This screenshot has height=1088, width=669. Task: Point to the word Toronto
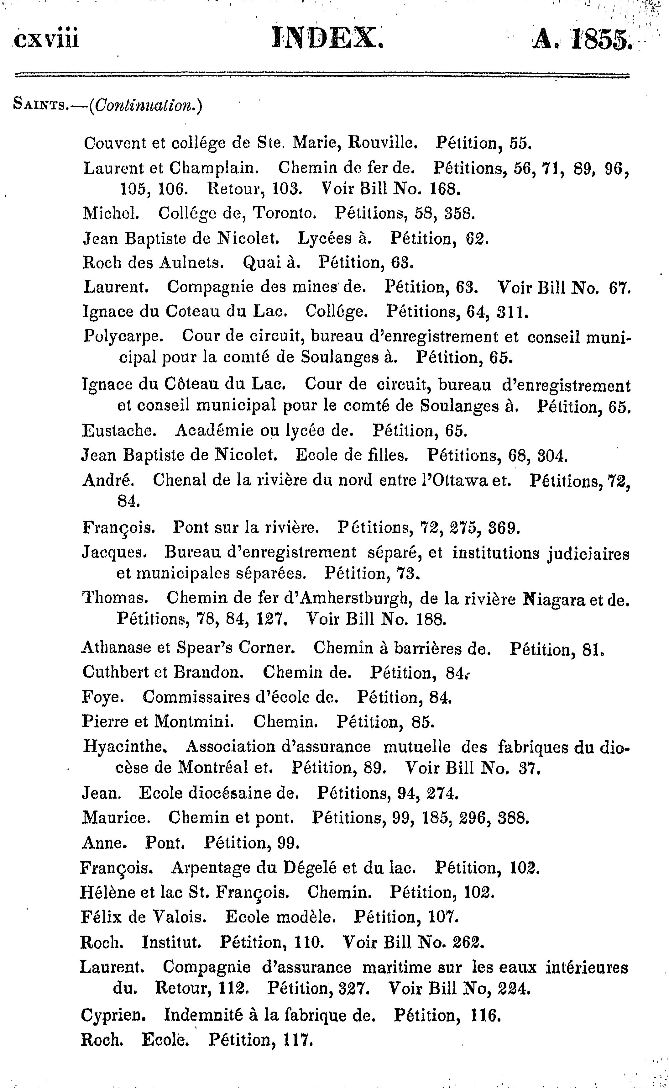point(284,214)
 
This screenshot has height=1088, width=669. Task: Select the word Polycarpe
point(123,337)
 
